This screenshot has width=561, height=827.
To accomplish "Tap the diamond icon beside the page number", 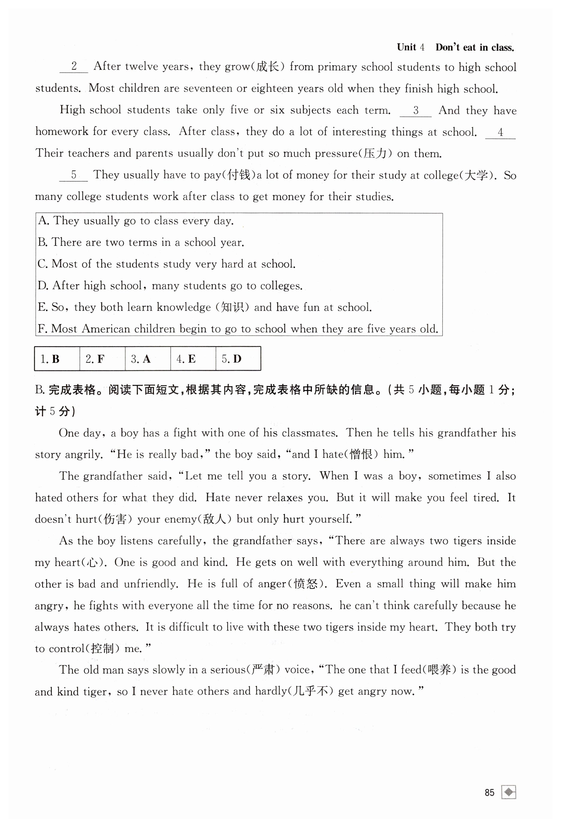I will click(x=509, y=792).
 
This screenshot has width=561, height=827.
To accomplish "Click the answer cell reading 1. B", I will click(x=57, y=359).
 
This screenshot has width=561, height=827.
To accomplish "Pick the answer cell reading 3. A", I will click(x=147, y=359).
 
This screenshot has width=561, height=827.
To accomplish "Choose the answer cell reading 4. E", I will click(x=193, y=359).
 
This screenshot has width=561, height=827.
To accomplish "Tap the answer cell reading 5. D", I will click(x=238, y=359).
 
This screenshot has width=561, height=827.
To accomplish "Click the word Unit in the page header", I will click(x=406, y=47).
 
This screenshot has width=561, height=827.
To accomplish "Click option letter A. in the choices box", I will click(x=43, y=221).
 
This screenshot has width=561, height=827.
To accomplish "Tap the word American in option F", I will click(x=106, y=329).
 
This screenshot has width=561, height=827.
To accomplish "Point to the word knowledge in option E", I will click(x=184, y=307).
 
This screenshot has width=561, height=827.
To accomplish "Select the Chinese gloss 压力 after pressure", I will click(x=375, y=154).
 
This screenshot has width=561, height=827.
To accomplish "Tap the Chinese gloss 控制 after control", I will click(x=102, y=648).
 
